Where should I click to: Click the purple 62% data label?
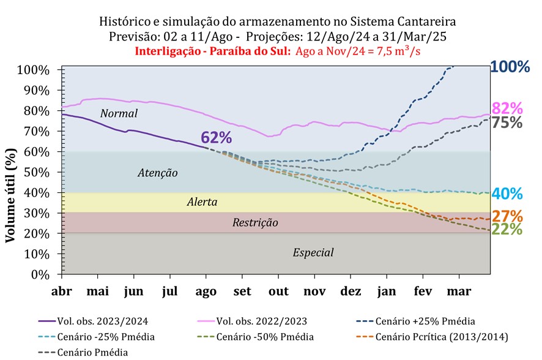215,137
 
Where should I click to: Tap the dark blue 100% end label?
510,67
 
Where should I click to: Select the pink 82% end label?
507,108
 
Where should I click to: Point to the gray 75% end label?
507,122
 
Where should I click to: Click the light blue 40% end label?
507,194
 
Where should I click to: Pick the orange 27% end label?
507,216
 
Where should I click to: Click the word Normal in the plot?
119,114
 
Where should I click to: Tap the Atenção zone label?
157,173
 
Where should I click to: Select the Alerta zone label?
202,201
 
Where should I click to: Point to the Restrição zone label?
255,223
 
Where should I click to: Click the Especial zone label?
313,252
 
